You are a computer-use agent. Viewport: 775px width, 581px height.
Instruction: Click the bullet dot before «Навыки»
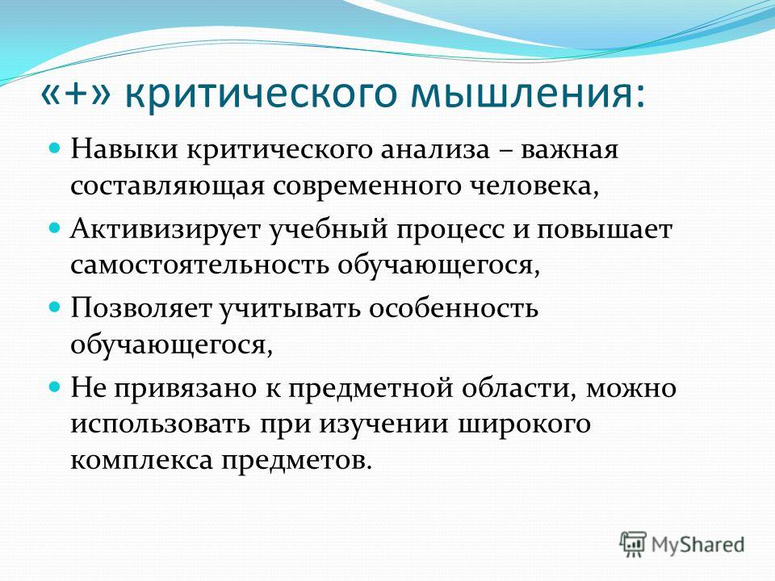(x=56, y=148)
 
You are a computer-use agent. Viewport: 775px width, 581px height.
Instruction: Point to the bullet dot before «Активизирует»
(x=56, y=228)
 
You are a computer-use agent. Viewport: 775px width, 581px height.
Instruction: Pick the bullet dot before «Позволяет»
(x=56, y=307)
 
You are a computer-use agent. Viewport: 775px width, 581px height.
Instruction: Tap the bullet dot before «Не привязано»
(x=56, y=386)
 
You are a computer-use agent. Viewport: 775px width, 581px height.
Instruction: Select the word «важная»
(x=568, y=150)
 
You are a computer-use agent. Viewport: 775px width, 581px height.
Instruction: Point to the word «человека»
(x=530, y=186)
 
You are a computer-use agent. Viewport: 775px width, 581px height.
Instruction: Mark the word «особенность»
(x=453, y=309)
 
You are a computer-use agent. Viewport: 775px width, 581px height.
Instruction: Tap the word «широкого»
(x=523, y=425)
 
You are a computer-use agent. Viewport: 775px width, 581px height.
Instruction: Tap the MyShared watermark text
(x=697, y=545)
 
